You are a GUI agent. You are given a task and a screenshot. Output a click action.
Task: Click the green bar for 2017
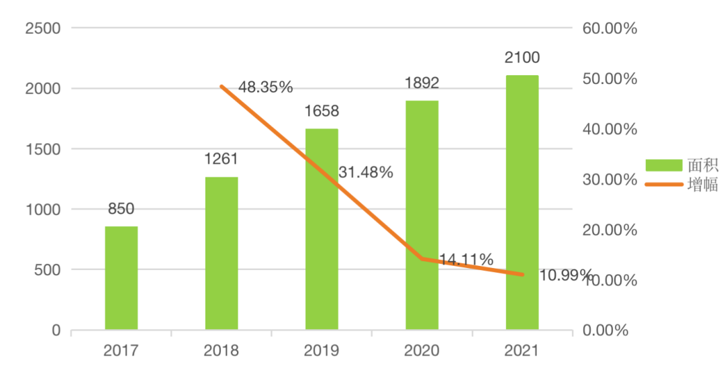click(x=122, y=278)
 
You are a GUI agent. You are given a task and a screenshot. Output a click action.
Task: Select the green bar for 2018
click(x=222, y=253)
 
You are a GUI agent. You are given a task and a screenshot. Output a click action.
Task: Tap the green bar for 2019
click(x=322, y=229)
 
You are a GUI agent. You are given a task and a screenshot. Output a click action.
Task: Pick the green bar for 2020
click(x=422, y=215)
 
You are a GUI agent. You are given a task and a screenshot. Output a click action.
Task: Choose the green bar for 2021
click(x=522, y=202)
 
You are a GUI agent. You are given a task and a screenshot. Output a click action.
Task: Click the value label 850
click(x=122, y=209)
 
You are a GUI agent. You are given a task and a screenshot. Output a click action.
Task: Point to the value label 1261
click(x=222, y=160)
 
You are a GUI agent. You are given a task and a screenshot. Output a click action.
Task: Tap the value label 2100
click(x=522, y=58)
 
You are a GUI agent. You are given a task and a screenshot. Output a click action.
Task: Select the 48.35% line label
click(x=266, y=87)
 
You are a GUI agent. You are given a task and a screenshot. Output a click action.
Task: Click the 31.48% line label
click(x=366, y=173)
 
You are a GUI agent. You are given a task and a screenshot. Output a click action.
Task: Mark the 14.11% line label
click(x=467, y=259)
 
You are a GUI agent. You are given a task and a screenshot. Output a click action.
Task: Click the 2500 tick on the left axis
click(x=42, y=28)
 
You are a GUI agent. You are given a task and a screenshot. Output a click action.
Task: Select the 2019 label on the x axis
click(x=322, y=351)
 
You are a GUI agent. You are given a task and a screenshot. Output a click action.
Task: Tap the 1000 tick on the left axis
click(x=42, y=210)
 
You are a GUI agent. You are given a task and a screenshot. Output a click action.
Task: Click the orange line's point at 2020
click(x=422, y=259)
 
